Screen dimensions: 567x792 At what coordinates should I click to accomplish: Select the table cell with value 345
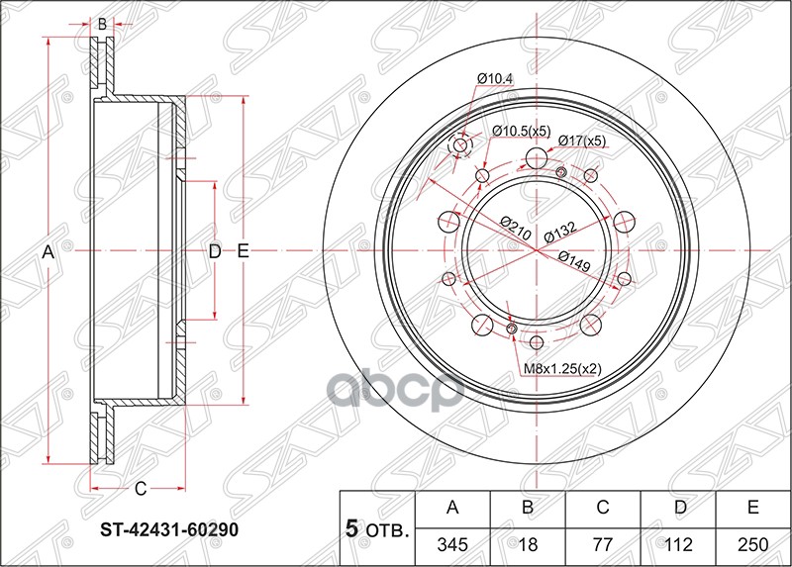click(x=453, y=544)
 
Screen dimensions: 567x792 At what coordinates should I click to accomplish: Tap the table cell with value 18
click(x=529, y=544)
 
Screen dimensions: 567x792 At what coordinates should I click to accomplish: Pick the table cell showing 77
click(x=603, y=544)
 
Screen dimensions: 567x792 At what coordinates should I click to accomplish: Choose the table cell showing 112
click(x=678, y=544)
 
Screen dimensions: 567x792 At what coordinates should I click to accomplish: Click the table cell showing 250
click(x=752, y=544)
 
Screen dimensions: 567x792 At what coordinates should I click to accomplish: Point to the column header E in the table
click(x=752, y=509)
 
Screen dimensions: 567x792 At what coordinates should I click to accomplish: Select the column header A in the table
click(x=453, y=509)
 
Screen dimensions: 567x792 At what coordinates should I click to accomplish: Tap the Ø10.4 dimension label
click(x=495, y=78)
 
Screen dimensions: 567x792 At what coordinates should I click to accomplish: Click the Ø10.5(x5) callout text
click(x=522, y=131)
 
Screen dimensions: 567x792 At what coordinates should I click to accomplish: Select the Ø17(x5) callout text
click(x=581, y=141)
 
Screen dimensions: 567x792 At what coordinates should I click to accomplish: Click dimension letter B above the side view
click(x=101, y=24)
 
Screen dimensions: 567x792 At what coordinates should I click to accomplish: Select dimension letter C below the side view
click(x=141, y=487)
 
